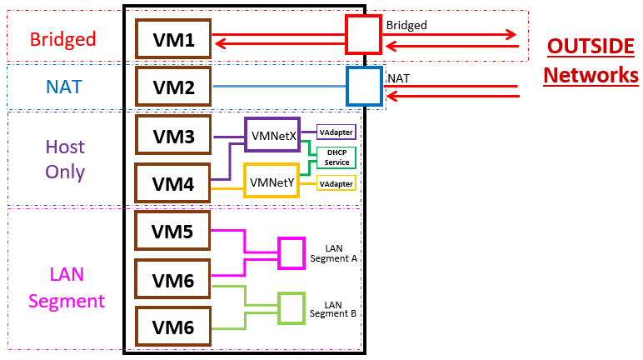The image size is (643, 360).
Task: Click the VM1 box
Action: pyautogui.click(x=172, y=39)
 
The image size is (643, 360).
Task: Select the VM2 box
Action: pyautogui.click(x=172, y=86)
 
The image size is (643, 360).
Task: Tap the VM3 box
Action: pyautogui.click(x=172, y=135)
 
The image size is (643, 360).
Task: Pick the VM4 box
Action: pyautogui.click(x=172, y=183)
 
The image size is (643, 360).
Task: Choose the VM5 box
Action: pyautogui.click(x=172, y=232)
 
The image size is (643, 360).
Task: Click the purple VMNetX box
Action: pyautogui.click(x=272, y=134)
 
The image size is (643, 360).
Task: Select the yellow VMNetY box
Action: pyautogui.click(x=271, y=181)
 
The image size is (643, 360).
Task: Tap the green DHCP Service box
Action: pyautogui.click(x=336, y=157)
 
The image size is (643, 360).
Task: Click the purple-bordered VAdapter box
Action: pyautogui.click(x=336, y=132)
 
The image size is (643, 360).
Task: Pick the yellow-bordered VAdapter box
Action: pyautogui.click(x=336, y=182)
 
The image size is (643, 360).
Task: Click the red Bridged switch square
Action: pyautogui.click(x=364, y=35)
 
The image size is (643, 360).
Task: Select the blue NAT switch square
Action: pyautogui.click(x=364, y=85)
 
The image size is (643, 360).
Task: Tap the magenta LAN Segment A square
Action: pyautogui.click(x=292, y=253)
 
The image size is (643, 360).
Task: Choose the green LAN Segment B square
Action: pyautogui.click(x=292, y=308)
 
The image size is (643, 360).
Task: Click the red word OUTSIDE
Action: pyautogui.click(x=591, y=47)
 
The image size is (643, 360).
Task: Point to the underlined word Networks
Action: pyautogui.click(x=591, y=75)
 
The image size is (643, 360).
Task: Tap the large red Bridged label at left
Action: pyautogui.click(x=62, y=39)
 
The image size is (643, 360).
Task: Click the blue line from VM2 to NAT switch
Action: pyautogui.click(x=279, y=86)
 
